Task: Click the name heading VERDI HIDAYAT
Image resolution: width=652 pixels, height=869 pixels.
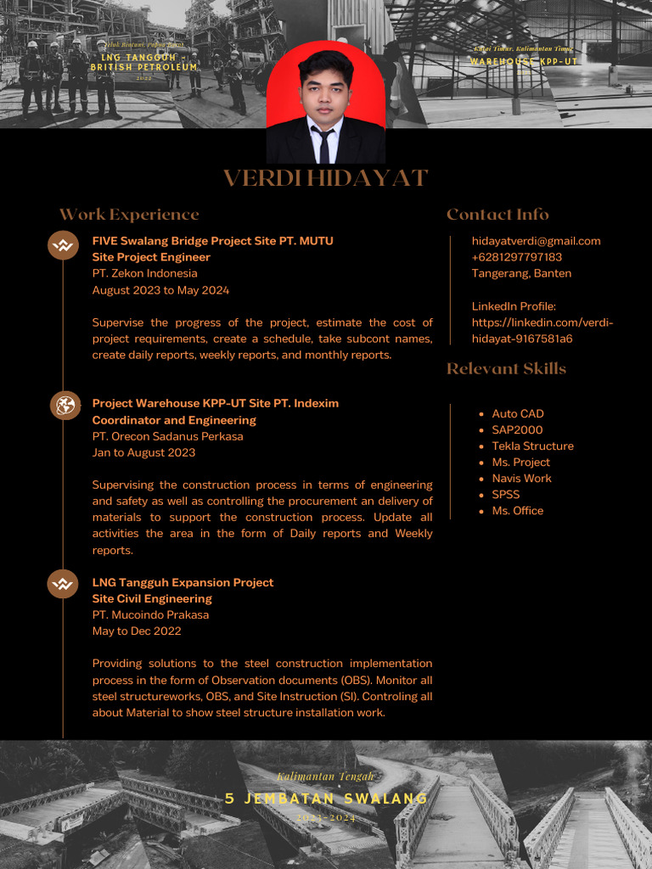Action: point(325,178)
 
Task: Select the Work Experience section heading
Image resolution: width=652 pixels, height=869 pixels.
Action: point(129,215)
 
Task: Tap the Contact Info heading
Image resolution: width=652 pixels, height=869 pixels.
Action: point(497,215)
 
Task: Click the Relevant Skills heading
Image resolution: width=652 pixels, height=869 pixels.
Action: point(506,368)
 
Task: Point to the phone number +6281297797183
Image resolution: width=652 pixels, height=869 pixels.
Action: point(516,257)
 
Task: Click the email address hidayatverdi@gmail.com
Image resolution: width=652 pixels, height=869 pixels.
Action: point(536,241)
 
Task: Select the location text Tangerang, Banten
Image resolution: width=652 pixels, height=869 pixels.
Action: point(521,273)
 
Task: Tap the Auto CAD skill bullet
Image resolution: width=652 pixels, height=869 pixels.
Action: point(517,413)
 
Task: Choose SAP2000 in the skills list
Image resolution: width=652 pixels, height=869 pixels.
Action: point(517,429)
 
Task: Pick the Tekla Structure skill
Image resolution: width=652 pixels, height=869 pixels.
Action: point(532,446)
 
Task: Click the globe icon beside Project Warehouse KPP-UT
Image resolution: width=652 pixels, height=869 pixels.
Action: point(64,406)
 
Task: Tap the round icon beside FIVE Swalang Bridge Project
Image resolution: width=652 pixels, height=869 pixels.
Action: point(63,246)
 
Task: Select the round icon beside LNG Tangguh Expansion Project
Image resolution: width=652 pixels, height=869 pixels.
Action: point(63,584)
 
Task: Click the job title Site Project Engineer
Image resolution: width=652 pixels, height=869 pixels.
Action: point(151,257)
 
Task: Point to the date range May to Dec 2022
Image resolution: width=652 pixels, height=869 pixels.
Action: point(137,631)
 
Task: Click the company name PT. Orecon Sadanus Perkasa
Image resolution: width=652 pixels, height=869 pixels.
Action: point(167,436)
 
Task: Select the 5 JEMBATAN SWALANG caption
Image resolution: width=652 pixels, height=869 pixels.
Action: point(326,799)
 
